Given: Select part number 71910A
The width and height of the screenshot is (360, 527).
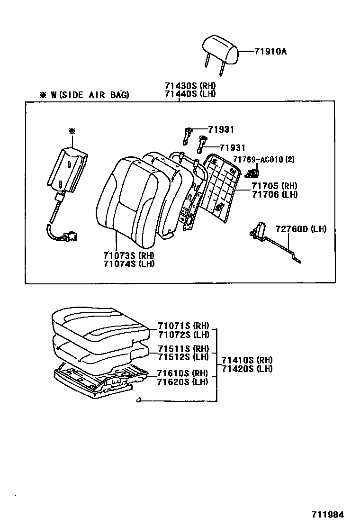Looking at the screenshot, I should click(x=270, y=51).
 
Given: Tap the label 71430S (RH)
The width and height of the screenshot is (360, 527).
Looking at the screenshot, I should click(x=190, y=86).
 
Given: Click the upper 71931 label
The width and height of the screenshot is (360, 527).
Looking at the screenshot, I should click(x=221, y=129).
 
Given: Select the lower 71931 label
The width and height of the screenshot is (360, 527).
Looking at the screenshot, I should click(x=232, y=148).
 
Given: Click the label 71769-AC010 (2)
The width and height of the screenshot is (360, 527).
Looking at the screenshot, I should click(x=263, y=160).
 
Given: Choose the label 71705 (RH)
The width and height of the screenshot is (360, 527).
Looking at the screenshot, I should click(x=274, y=186).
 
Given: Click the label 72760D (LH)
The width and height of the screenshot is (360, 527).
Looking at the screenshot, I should click(x=301, y=229).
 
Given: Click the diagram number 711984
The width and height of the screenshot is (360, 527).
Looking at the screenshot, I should click(x=327, y=514).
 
